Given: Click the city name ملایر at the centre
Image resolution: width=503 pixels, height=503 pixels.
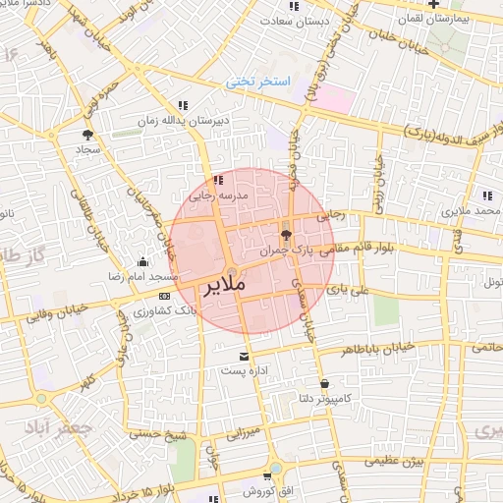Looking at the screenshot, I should coord(226,290).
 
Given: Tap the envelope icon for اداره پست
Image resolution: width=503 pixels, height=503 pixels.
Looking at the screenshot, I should coord(245,355).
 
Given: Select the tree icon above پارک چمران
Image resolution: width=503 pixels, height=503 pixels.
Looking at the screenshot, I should coord(287,234).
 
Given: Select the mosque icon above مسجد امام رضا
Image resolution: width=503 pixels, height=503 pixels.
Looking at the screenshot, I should coord(144,261).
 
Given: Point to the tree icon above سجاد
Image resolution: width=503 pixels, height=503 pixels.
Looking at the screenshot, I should coord(89,135).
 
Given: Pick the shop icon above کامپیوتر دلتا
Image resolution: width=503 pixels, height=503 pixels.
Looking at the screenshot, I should coord(324,383).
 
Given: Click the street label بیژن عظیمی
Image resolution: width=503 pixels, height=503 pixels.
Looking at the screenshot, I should coord(396,460).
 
